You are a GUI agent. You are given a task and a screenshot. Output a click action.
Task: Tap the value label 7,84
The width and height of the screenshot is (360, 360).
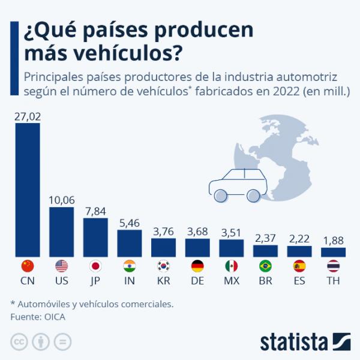(x=95, y=210)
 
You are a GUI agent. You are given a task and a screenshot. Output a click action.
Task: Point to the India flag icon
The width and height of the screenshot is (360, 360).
(x=130, y=266)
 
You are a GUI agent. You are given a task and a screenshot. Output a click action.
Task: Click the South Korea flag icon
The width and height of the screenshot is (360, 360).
(x=163, y=266)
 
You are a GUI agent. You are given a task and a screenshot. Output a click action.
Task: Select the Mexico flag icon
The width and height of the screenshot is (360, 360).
(x=232, y=266)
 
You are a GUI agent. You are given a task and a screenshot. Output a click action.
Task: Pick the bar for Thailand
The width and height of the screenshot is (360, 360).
(x=334, y=252)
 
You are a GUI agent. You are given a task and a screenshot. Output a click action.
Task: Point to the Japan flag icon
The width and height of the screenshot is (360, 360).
(x=95, y=266)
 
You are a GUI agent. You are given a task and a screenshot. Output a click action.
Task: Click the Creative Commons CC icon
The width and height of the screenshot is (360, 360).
(x=19, y=342)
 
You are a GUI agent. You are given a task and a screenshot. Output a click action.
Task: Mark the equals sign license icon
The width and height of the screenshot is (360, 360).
(x=62, y=342)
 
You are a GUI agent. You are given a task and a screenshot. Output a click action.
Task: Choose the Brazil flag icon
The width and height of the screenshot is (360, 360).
(x=266, y=266)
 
